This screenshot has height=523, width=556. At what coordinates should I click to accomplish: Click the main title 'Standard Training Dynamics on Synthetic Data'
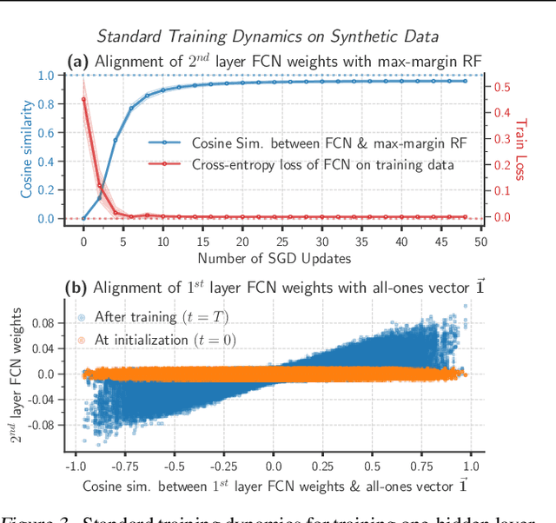(268, 36)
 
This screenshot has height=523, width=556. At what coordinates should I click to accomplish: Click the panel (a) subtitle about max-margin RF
(274, 60)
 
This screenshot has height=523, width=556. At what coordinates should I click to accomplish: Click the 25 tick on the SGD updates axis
(281, 242)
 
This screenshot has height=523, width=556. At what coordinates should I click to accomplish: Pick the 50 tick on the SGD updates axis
(479, 242)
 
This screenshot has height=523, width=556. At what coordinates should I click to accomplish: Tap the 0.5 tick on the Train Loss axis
(502, 87)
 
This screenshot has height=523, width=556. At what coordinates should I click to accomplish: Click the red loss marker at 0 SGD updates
(83, 99)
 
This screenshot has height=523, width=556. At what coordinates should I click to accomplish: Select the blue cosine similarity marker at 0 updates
(83, 218)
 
